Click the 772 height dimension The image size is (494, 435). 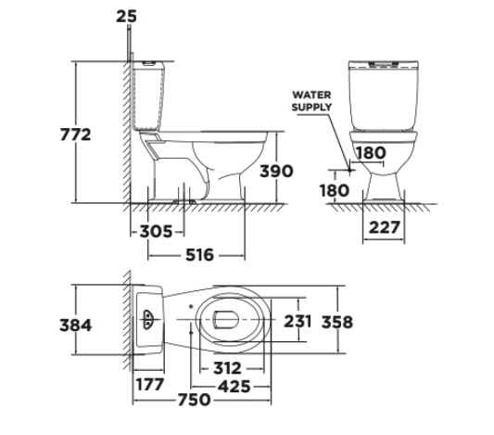click(75, 134)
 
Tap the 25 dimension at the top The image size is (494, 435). click(126, 17)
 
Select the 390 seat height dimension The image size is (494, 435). click(276, 172)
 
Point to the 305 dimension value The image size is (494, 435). click(156, 232)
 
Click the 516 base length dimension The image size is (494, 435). click(200, 255)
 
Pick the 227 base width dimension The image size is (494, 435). click(385, 227)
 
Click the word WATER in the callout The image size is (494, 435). click(311, 95)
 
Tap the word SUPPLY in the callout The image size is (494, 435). click(311, 107)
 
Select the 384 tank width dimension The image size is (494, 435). click(76, 326)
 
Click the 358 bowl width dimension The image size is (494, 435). click(337, 322)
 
